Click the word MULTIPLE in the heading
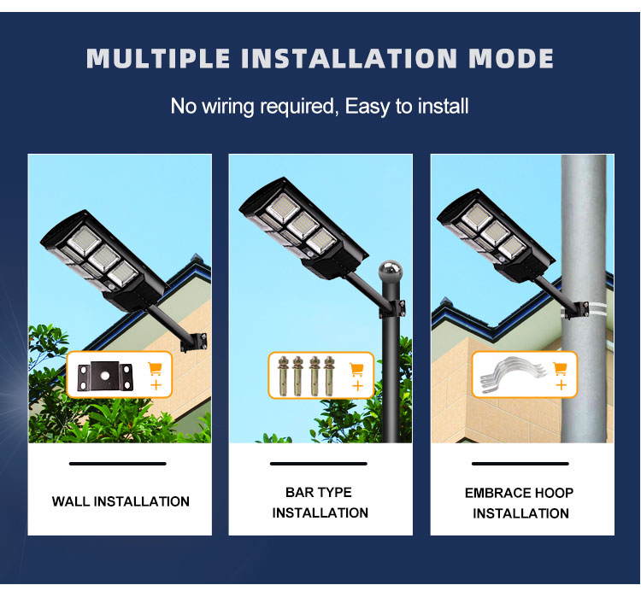click(159, 58)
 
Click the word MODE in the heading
click(511, 58)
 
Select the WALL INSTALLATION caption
click(121, 501)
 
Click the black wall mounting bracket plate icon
click(105, 376)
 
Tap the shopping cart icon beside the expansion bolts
click(357, 370)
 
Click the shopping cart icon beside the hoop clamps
click(560, 369)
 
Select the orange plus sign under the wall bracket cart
click(156, 385)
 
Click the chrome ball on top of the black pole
click(391, 271)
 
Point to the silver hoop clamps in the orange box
click(513, 375)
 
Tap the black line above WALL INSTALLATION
click(118, 464)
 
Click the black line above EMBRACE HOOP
click(520, 464)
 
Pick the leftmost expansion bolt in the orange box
click(283, 376)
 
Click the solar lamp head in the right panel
click(496, 236)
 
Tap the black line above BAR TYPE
click(319, 464)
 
